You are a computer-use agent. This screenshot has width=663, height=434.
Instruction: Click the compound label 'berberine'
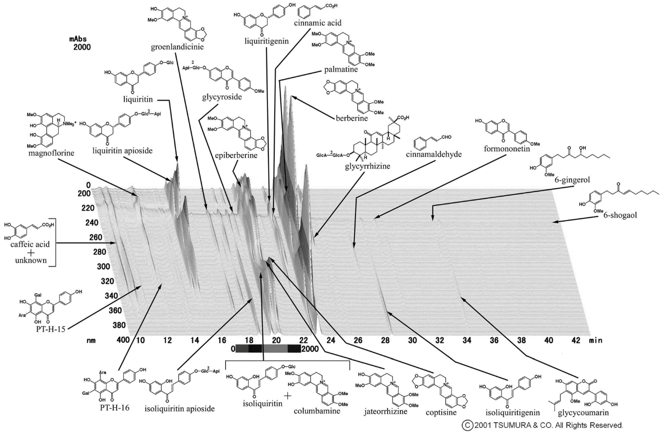(352, 118)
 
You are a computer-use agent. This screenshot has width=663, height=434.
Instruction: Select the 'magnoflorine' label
(51, 153)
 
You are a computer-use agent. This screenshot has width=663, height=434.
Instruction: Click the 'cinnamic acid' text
(318, 23)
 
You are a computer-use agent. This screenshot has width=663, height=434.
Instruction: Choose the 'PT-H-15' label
(50, 329)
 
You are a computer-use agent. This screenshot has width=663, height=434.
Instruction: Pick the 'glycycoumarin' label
(583, 413)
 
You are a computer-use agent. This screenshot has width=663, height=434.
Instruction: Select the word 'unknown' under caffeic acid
(31, 261)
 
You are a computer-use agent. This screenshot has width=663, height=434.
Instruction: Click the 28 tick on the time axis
(385, 341)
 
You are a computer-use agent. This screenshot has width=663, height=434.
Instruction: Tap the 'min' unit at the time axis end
(595, 341)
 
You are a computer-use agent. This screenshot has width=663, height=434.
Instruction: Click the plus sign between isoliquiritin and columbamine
(288, 396)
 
